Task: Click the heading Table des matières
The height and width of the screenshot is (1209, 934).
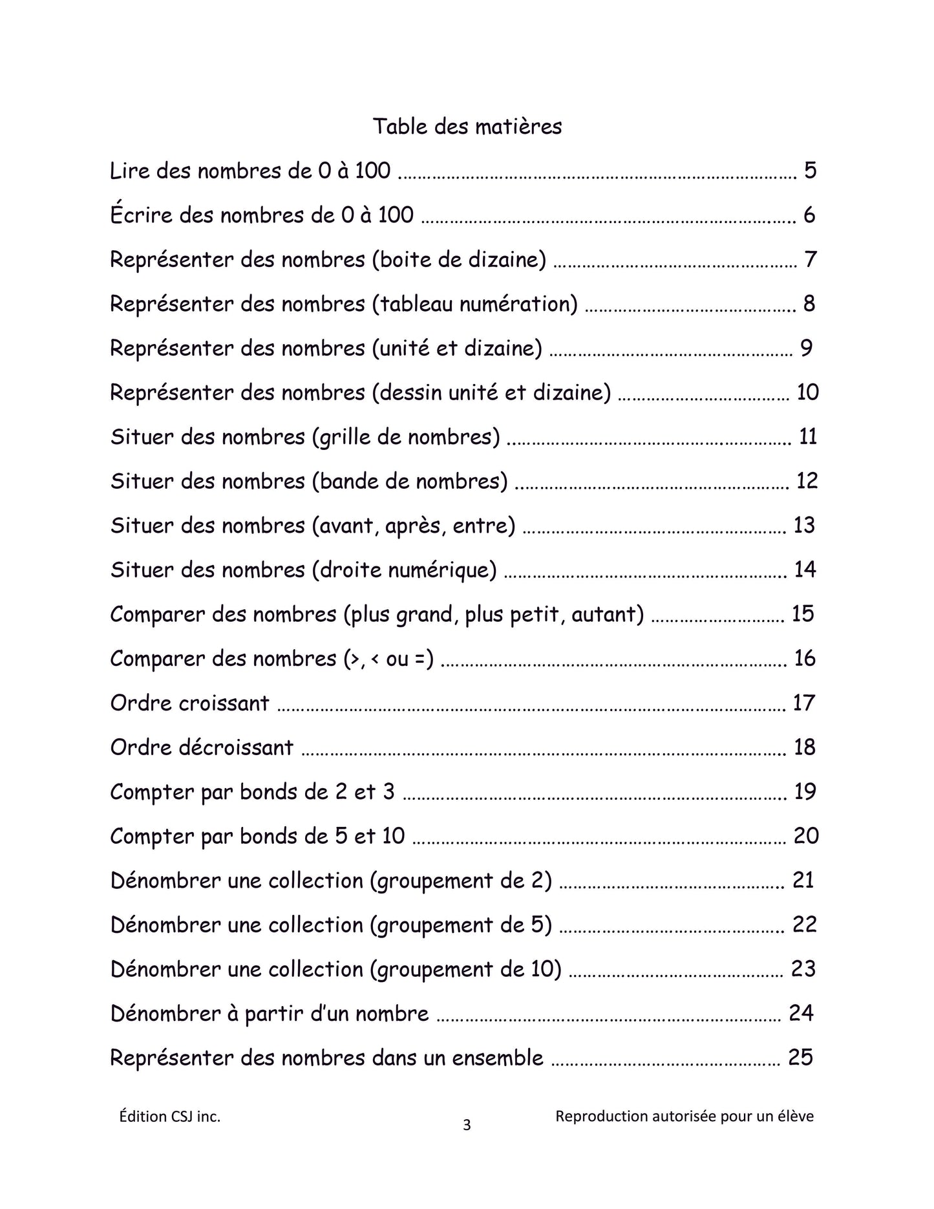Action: [467, 126]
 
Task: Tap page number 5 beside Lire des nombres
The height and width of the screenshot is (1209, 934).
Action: [810, 171]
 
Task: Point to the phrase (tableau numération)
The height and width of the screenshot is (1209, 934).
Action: [474, 303]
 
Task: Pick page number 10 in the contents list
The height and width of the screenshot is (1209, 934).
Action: [807, 392]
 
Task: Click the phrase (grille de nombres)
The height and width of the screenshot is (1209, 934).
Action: [406, 436]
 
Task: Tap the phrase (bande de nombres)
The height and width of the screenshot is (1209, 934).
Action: [410, 481]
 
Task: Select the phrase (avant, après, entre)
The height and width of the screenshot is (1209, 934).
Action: [414, 525]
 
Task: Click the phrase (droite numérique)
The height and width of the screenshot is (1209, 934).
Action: [404, 570]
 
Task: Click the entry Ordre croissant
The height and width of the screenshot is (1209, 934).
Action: [189, 703]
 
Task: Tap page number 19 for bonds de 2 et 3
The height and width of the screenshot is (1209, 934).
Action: [804, 791]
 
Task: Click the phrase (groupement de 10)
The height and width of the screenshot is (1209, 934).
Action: [465, 969]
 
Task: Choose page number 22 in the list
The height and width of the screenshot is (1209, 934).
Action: [804, 925]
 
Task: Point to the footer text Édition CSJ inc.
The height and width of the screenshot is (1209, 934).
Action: [170, 1117]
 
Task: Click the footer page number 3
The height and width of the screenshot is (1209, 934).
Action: [467, 1126]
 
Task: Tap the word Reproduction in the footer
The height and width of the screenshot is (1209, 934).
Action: [601, 1117]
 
